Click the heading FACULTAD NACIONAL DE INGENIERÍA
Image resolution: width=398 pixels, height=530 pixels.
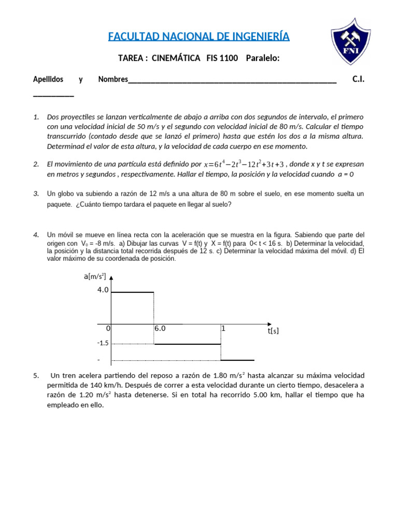tap(199, 37)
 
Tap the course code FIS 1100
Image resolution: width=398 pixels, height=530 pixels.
tap(222, 58)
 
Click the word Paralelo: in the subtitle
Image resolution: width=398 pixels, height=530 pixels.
tap(263, 58)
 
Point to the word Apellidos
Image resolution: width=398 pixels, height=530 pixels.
tap(48, 79)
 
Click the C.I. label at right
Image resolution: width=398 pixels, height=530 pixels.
tap(358, 79)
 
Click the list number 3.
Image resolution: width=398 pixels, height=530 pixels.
tap(36, 194)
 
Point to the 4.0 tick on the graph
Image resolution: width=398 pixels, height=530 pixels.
tap(103, 290)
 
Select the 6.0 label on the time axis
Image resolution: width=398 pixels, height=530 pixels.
tap(160, 328)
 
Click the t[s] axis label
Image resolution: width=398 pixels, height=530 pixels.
tap(273, 331)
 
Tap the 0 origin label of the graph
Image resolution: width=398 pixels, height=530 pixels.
tap(108, 328)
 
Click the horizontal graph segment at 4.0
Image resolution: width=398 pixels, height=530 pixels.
tap(133, 292)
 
